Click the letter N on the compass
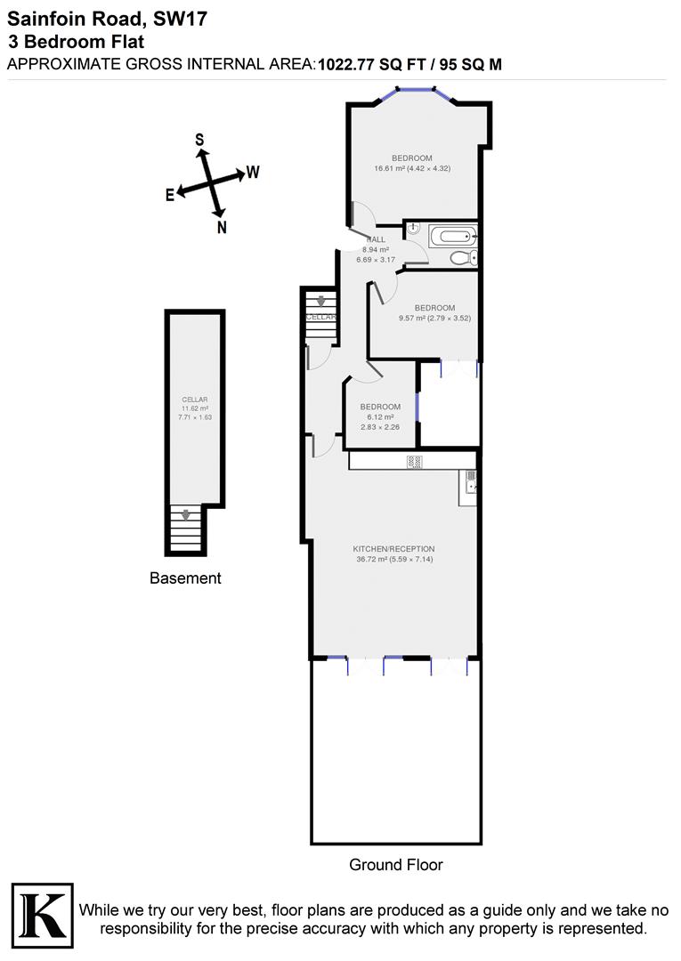[x=222, y=227]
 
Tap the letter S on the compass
[x=199, y=140]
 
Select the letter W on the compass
[x=253, y=172]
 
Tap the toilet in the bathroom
[x=462, y=258]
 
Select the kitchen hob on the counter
[x=414, y=462]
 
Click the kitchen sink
[x=469, y=483]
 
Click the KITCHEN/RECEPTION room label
[x=393, y=549]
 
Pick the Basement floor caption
[x=185, y=578]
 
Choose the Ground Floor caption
[x=395, y=864]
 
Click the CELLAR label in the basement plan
[x=194, y=400]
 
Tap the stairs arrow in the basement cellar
[x=185, y=514]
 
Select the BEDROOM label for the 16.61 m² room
[x=412, y=158]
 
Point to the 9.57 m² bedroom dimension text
[x=434, y=318]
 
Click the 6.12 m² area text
[x=380, y=416]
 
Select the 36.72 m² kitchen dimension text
[x=393, y=559]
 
